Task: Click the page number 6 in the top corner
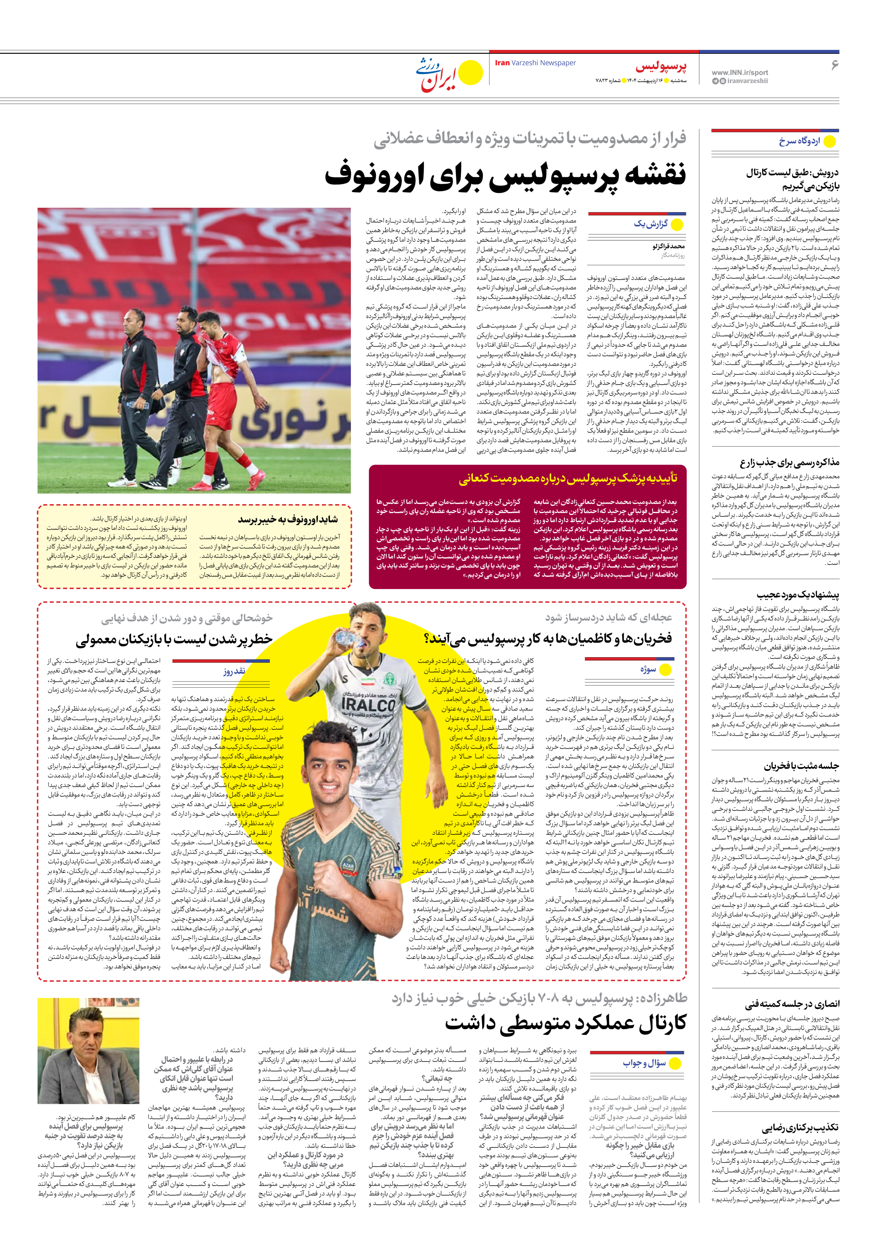834,65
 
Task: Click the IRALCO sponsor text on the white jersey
368,704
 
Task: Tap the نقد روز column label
234,672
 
